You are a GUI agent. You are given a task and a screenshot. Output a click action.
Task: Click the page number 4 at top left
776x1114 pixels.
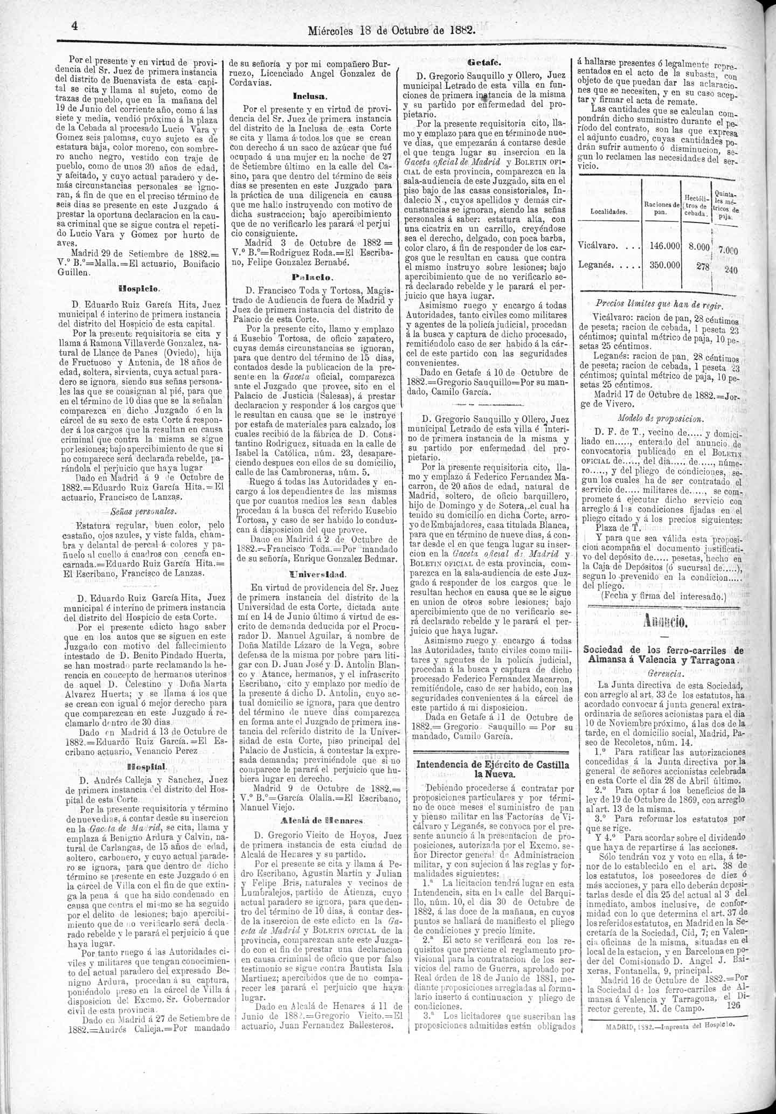pos(75,26)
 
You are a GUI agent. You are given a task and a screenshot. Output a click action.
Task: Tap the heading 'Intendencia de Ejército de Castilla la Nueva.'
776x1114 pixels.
pos(493,769)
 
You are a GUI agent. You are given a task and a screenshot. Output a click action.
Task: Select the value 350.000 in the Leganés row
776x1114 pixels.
pos(664,265)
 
